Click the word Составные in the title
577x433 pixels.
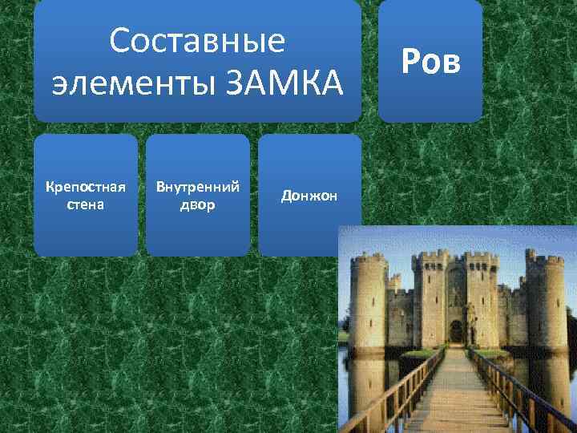tap(197, 41)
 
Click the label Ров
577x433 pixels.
tap(430, 60)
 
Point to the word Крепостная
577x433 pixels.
tap(85, 188)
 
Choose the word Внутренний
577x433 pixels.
tap(197, 188)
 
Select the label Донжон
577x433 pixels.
tap(309, 196)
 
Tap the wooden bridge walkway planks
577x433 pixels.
tap(454, 393)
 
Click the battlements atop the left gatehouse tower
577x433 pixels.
tap(424, 258)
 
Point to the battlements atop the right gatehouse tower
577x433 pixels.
tap(481, 258)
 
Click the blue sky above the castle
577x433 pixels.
tap(457, 241)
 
